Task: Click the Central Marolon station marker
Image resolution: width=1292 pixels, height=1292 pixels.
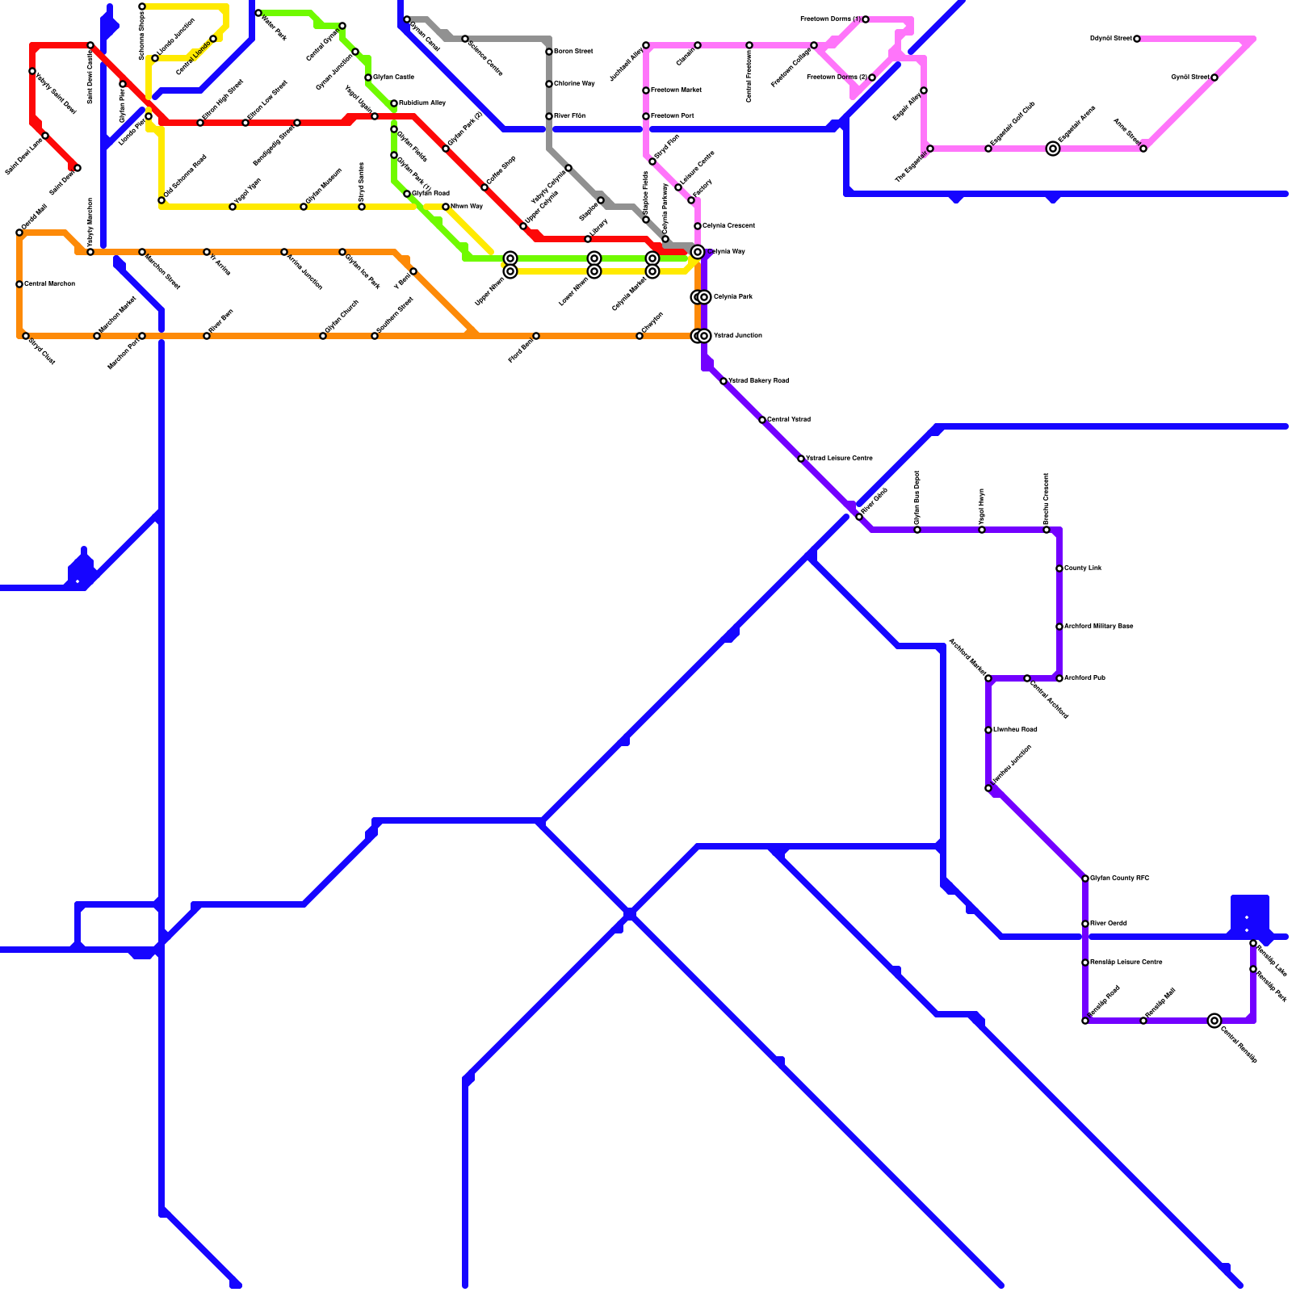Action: coord(19,284)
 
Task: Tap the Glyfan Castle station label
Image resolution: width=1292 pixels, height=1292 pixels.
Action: coord(393,78)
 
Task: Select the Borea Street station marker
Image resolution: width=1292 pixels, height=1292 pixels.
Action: coord(549,52)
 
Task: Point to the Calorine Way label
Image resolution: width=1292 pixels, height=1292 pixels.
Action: coord(574,84)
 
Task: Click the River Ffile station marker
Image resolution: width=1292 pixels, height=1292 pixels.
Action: coord(549,116)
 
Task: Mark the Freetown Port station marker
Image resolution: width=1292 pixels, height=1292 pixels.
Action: coord(646,116)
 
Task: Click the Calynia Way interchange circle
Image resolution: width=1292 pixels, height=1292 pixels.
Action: coord(698,252)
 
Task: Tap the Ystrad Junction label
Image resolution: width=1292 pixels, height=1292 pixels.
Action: coord(737,336)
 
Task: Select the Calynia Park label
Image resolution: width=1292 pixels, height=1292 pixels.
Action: coord(732,297)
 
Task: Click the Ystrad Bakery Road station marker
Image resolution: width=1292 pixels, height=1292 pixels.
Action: coord(724,381)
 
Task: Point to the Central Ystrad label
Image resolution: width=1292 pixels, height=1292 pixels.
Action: coord(788,420)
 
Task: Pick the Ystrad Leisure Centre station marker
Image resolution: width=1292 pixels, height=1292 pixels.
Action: coord(801,459)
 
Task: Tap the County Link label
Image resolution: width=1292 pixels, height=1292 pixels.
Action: coord(1083,568)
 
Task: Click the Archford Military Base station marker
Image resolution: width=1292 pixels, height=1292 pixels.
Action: coord(1059,627)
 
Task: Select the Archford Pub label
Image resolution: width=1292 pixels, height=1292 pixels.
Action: coord(1084,678)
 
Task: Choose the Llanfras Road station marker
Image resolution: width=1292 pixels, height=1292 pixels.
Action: coord(988,730)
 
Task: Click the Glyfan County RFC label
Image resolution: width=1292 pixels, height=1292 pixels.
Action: coord(1119,879)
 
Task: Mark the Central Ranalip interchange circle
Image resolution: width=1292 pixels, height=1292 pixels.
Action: coord(1214,1021)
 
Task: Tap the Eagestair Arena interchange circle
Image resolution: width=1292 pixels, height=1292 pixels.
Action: coord(1053,149)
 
